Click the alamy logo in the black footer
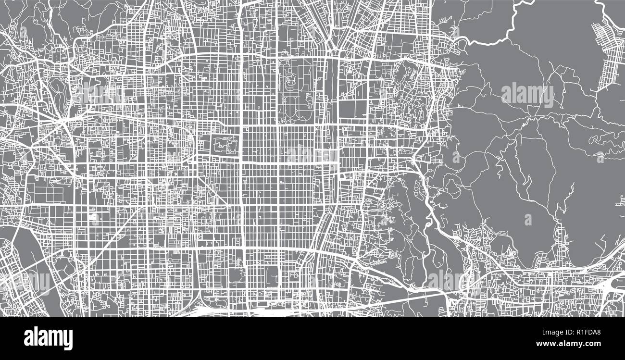click(48, 338)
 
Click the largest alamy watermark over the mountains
click(527, 94)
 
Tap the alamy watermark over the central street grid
click(312, 155)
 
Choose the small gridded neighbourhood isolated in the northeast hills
click(608, 53)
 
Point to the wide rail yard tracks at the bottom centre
click(269, 312)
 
